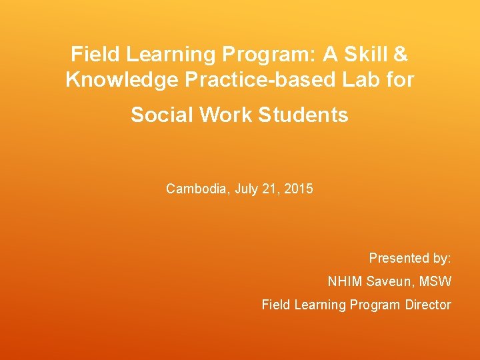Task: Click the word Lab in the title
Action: [366, 80]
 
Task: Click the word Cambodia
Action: [197, 189]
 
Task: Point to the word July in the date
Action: [247, 189]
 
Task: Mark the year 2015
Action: [299, 189]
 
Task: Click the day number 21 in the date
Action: [271, 189]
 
